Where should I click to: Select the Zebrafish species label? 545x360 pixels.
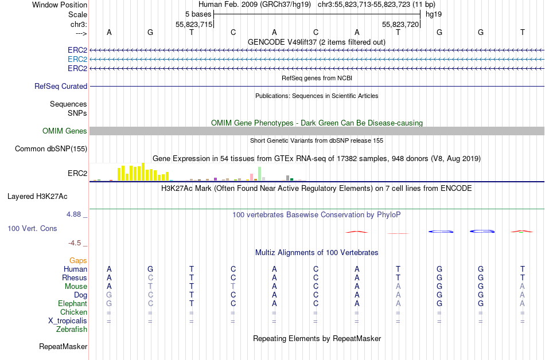coord(72,329)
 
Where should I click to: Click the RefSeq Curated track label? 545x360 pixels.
coord(61,86)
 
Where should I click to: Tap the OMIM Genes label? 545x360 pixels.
coord(65,131)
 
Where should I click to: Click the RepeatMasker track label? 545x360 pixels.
coord(63,346)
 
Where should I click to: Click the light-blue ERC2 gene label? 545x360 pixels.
coord(77,59)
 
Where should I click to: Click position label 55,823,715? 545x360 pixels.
coord(194,24)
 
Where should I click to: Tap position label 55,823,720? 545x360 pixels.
coord(400,24)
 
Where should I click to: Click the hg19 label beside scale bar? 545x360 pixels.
coord(433,14)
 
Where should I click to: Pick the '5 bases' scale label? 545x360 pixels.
coord(198,14)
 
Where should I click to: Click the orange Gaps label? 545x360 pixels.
coord(78,260)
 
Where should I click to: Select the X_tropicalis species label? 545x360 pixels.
coord(68,320)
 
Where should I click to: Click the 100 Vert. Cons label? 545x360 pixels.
coord(32,228)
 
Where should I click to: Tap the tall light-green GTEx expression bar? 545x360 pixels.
coord(260,174)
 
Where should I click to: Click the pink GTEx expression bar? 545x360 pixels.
coord(251,177)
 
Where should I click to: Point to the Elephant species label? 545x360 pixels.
coord(72,303)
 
